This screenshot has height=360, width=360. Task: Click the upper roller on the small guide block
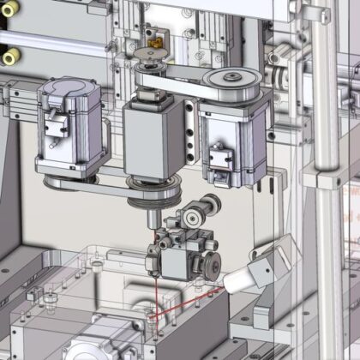(x=206, y=207)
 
